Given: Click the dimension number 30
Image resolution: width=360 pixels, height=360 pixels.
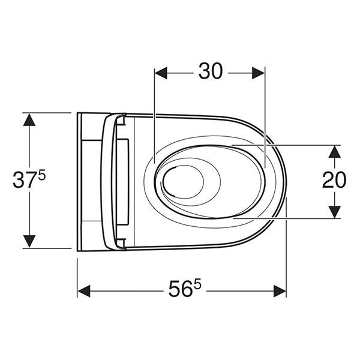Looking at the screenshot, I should [210, 71].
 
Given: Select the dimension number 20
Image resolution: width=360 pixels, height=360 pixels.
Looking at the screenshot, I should [334, 179].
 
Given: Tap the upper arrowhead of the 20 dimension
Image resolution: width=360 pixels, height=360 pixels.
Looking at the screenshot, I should [334, 151].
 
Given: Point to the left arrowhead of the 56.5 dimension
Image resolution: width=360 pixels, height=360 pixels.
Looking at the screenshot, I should [84, 291].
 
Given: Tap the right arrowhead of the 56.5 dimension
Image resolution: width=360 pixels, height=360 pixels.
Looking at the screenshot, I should [280, 291].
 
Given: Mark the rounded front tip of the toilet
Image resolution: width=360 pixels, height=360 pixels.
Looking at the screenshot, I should [286, 180].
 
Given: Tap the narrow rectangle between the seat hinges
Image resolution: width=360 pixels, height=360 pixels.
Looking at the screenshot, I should [126, 181].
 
